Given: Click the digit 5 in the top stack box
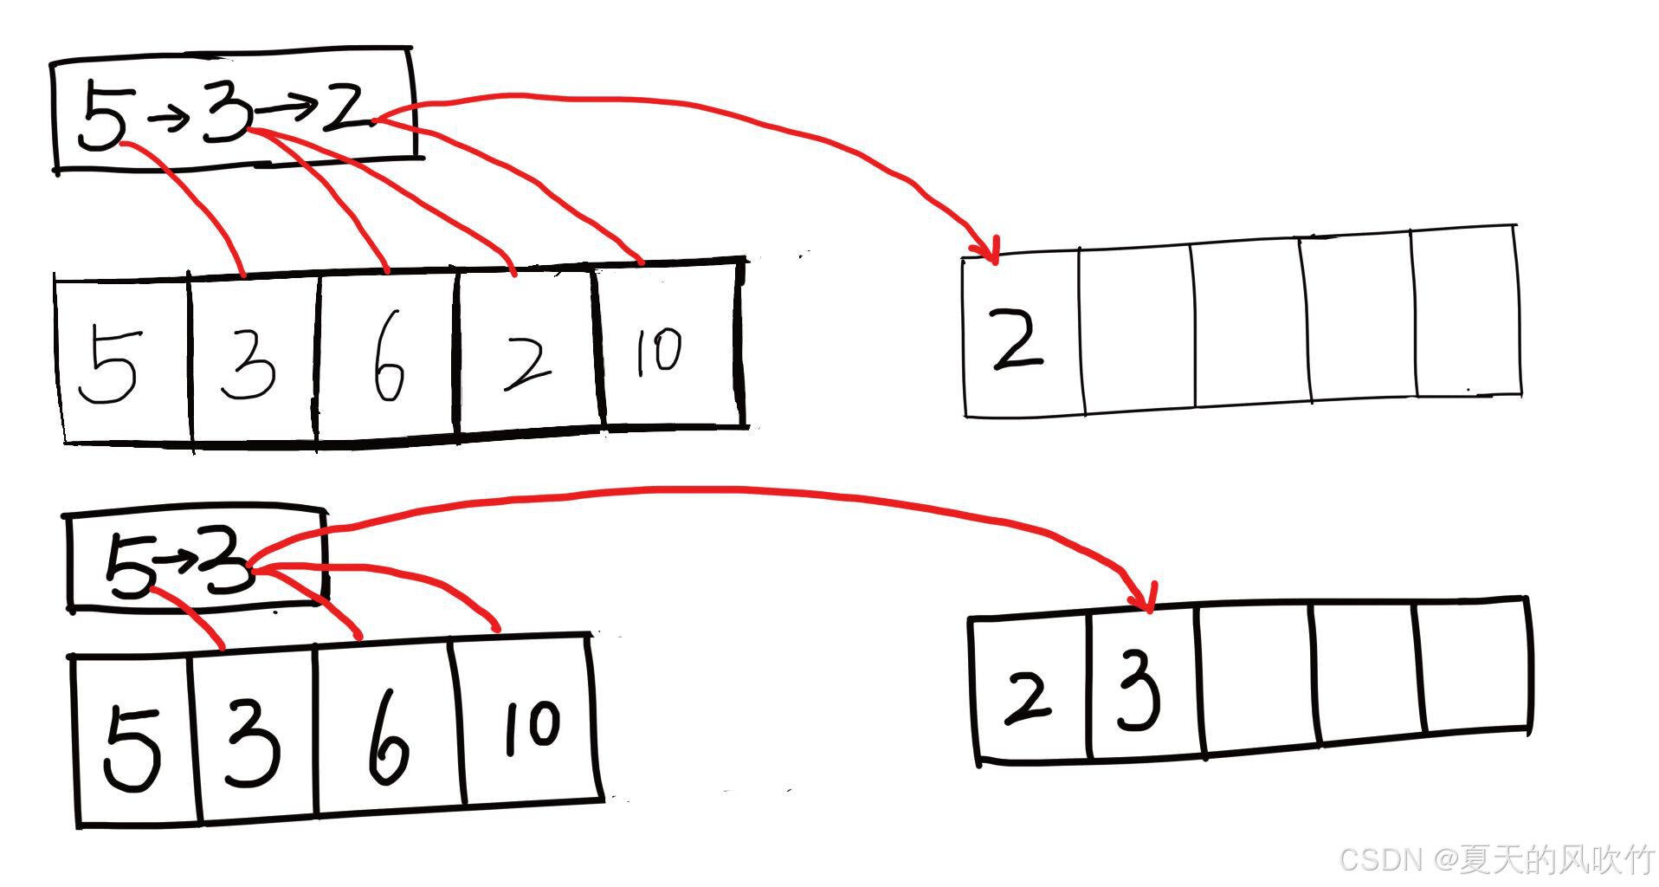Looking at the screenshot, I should [102, 117].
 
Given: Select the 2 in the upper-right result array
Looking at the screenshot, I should [1018, 340].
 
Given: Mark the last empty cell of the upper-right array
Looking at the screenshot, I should [1467, 312].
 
